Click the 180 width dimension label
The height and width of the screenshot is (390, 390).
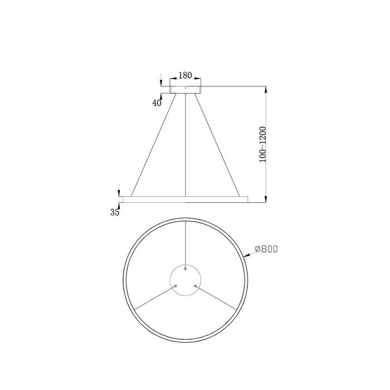coord(185,76)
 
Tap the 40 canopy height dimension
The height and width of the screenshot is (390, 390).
coord(157,103)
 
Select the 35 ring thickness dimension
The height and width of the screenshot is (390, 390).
coord(115,212)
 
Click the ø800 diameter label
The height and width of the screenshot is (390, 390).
coord(266,248)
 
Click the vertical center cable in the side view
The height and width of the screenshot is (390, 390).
coord(186,145)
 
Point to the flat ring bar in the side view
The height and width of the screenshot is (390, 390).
coord(185,198)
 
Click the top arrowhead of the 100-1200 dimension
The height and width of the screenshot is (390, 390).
coord(266,89)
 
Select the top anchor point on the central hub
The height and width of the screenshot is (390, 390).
coord(186,269)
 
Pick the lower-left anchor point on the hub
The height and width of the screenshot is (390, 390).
coord(175,285)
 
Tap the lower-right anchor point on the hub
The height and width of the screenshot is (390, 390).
coord(195,285)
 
